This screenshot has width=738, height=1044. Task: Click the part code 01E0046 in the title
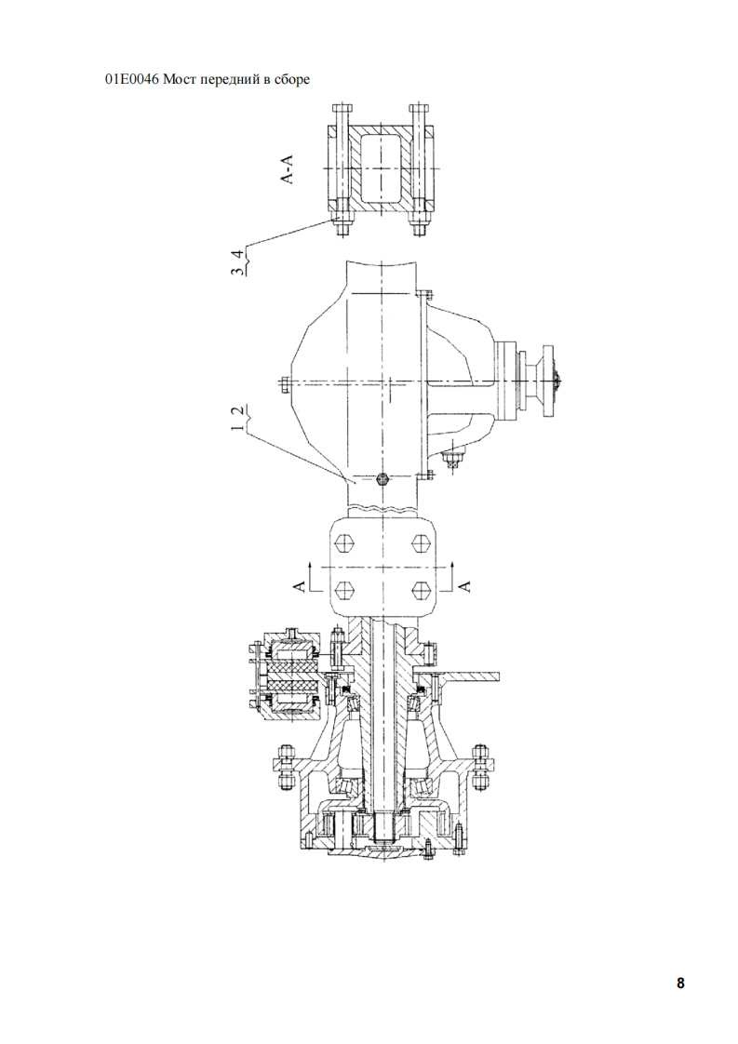[131, 80]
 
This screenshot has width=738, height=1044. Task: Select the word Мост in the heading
[177, 80]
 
